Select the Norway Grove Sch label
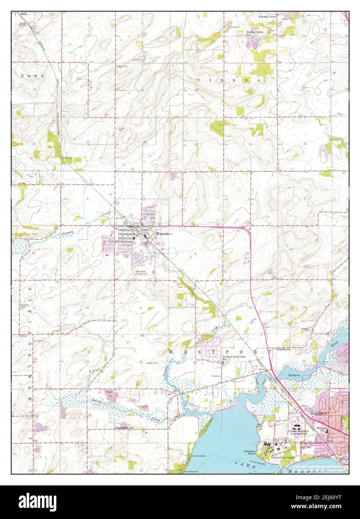click(255, 33)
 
